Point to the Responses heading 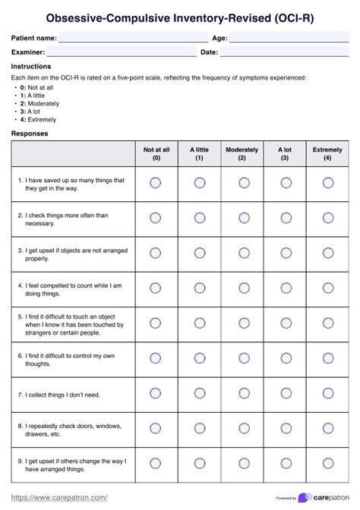coord(30,134)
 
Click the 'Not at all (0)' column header coord(156,154)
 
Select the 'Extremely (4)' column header coord(327,154)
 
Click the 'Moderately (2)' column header coord(242,154)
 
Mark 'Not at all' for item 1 coord(156,183)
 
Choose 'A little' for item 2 coord(199,218)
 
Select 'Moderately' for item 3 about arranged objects coord(242,253)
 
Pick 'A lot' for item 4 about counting coord(285,288)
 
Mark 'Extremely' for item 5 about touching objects coord(328,323)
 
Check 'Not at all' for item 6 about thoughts coord(156,357)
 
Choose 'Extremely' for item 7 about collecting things coord(328,393)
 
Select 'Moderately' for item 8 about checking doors coord(242,428)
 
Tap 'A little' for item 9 coord(199,463)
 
